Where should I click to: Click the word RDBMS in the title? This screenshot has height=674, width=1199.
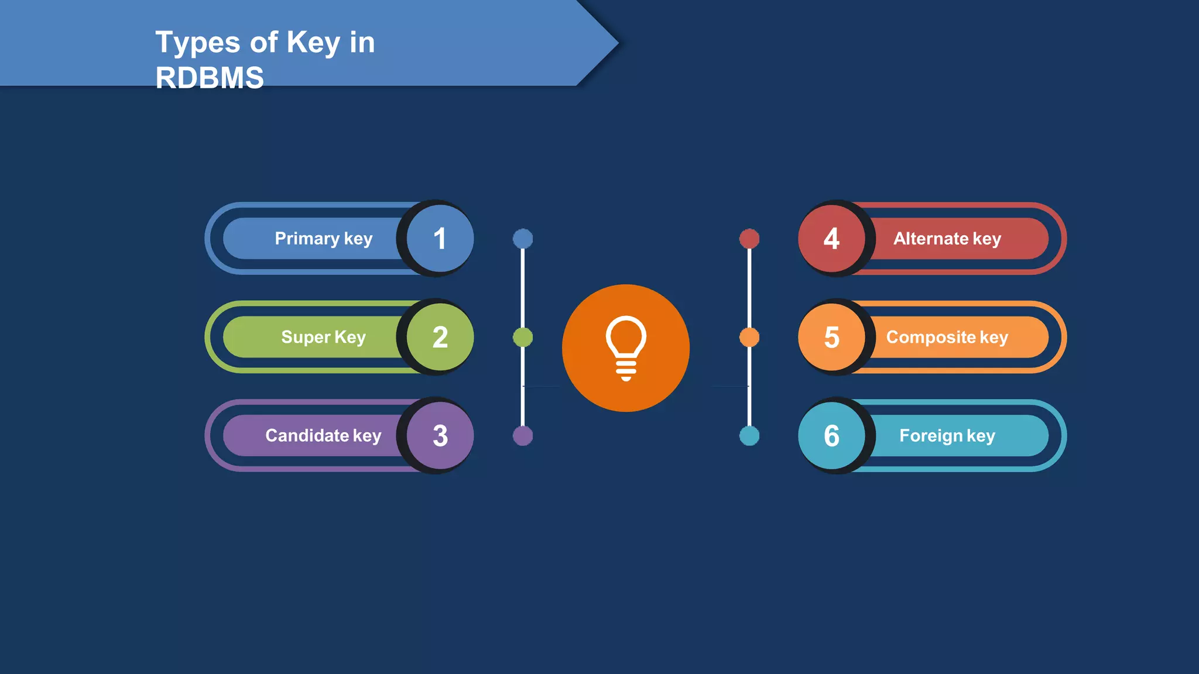210,78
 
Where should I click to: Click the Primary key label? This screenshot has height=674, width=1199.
323,239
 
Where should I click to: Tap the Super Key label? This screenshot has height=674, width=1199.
323,337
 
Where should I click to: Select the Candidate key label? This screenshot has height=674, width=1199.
323,436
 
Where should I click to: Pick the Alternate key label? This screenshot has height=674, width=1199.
947,239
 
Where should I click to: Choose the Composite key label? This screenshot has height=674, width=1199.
947,337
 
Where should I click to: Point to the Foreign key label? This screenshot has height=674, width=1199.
947,436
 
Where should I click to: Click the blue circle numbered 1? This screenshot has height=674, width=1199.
440,239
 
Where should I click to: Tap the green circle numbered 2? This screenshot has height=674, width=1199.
440,337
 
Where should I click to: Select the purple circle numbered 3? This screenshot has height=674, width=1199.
440,436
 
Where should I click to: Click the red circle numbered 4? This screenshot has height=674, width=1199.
831,239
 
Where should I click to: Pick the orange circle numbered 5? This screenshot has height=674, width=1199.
831,337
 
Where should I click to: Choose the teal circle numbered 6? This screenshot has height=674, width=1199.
831,436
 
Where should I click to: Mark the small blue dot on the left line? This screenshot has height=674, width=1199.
523,239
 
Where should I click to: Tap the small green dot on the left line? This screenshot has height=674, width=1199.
523,337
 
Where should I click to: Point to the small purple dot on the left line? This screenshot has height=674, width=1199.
523,436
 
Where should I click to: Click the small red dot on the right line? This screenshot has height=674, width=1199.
749,239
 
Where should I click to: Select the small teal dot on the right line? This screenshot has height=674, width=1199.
749,436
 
